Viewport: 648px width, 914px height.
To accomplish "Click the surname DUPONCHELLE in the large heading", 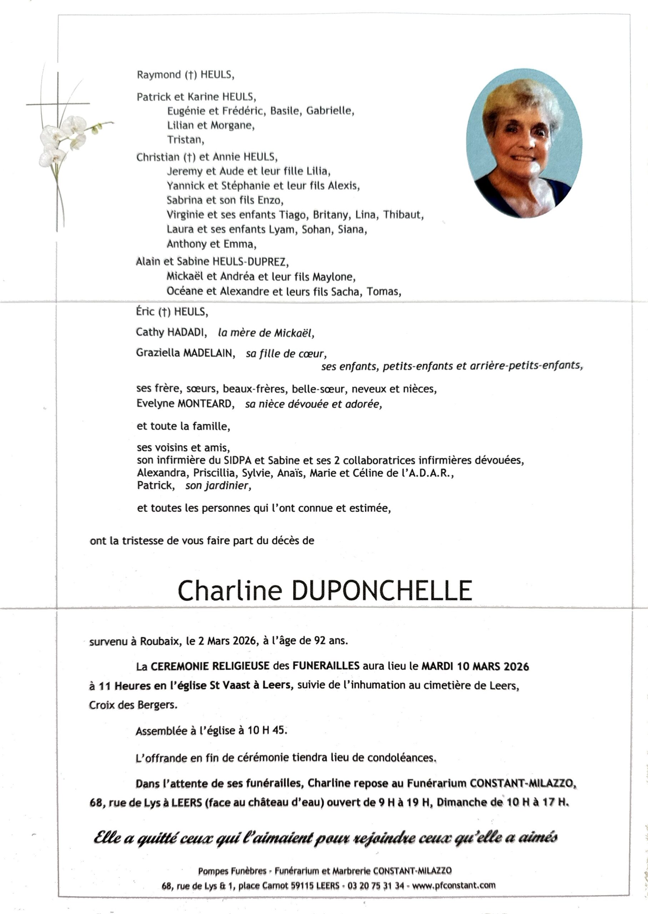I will coord(382,591).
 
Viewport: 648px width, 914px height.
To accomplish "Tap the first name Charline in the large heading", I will coord(230,591).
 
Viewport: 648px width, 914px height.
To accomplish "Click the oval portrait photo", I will coord(524,143).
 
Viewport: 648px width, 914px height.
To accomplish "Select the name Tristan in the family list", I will coord(185,140).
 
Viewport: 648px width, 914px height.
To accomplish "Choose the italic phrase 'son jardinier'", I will coord(218,486).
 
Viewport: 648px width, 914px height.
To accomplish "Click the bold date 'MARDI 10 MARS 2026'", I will coord(475,666).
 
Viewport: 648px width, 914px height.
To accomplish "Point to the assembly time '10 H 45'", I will coord(266,730).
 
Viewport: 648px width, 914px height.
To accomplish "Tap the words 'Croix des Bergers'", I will coord(132,705).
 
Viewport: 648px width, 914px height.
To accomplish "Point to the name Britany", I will coord(330,215).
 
